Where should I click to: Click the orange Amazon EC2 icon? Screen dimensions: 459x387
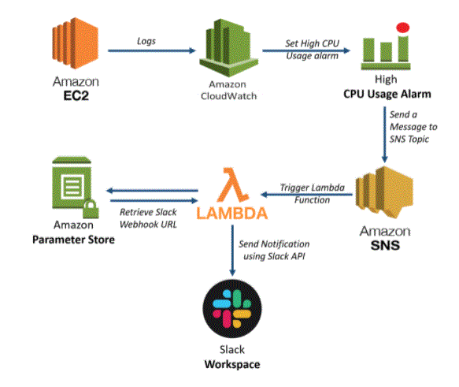[x=76, y=43]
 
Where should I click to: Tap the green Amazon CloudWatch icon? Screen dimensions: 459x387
[x=228, y=48]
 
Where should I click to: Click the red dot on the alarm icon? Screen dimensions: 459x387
[x=403, y=28]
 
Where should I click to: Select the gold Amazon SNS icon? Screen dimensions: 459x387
[x=384, y=192]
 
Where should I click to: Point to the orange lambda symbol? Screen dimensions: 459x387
[x=233, y=185]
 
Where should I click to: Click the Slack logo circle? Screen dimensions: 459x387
[x=232, y=309]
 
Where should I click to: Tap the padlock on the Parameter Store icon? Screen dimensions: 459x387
[x=91, y=209]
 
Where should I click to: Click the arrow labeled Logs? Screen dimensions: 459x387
[x=152, y=50]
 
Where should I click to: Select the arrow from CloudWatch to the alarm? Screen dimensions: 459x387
[x=306, y=50]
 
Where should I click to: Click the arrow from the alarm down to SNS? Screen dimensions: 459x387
[x=385, y=135]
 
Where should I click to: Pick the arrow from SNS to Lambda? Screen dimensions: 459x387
[x=306, y=194]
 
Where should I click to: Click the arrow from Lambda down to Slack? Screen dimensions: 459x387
[x=232, y=251]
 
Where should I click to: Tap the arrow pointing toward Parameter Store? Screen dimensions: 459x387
[x=152, y=191]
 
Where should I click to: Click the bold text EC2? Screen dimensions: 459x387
[x=76, y=96]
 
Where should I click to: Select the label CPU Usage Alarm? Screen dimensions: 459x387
[x=387, y=94]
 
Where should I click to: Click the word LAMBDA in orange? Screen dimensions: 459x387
[x=231, y=214]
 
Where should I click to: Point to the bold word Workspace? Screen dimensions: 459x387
[x=232, y=364]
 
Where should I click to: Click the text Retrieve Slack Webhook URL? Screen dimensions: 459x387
[x=148, y=218]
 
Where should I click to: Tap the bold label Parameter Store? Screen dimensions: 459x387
[x=73, y=240]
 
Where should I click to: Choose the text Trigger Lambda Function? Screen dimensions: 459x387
[x=312, y=194]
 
